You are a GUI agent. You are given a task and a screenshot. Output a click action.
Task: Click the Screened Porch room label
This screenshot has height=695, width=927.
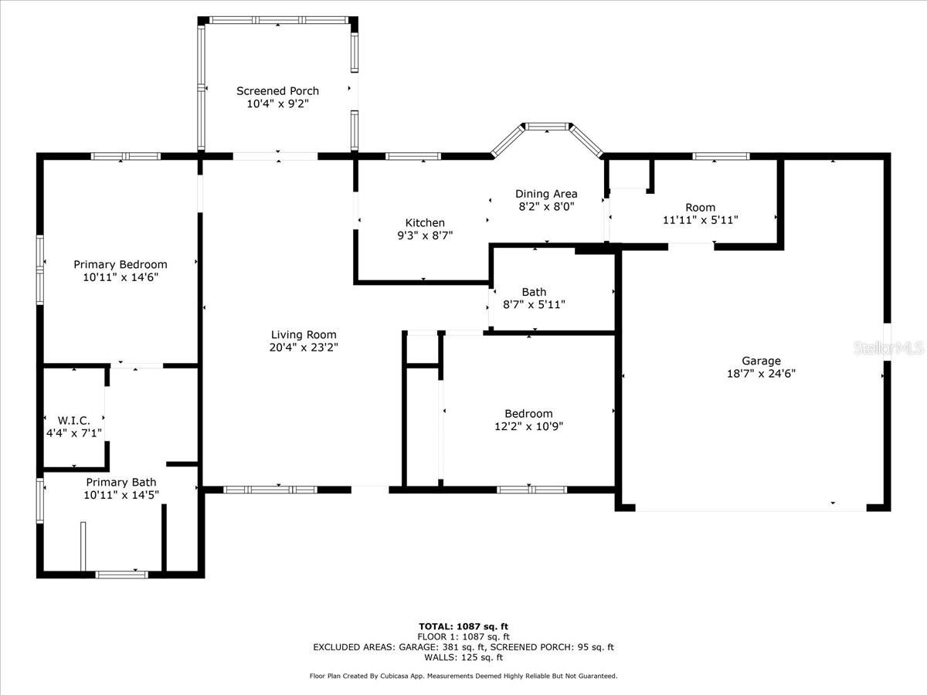coord(277,90)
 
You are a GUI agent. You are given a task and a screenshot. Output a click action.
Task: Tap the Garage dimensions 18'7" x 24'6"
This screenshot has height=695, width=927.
coord(761,374)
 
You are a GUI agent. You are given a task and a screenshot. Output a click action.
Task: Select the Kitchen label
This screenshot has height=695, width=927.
coord(425,222)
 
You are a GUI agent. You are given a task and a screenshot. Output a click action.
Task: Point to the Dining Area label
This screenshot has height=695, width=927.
coord(546,194)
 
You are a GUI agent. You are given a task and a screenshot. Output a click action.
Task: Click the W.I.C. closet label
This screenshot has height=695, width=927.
coord(74,420)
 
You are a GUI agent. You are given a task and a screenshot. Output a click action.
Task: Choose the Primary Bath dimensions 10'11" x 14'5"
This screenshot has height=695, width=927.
coord(121,494)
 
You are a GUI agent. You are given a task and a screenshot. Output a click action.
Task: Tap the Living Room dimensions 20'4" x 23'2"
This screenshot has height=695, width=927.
coord(304,347)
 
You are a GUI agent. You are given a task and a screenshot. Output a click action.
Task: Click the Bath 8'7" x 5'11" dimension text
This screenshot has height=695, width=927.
coord(534,304)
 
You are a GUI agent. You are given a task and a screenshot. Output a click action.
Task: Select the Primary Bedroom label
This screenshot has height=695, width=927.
coord(121,265)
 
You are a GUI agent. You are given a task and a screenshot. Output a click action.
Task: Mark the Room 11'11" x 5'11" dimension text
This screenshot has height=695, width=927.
coord(700,220)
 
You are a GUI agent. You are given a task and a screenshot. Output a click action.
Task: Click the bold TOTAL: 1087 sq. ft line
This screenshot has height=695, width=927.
coord(463,626)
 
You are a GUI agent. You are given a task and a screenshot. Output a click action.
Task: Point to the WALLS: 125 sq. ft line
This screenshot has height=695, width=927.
coord(463,657)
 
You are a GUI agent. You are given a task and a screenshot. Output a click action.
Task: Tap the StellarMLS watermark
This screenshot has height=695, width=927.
coord(888,347)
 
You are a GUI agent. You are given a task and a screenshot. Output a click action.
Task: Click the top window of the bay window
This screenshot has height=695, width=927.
coord(547,126)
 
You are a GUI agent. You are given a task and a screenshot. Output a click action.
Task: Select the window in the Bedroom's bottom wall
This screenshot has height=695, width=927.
coord(531,490)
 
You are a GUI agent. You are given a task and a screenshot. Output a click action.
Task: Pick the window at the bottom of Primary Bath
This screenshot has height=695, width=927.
coord(121,575)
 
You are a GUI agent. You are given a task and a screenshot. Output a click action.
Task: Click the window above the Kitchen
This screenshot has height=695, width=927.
coord(413,157)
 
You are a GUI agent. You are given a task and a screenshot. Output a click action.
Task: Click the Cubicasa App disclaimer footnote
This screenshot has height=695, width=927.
coord(463,676)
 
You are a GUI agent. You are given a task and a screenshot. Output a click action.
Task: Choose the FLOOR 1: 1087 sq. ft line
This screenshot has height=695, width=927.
coord(463,637)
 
